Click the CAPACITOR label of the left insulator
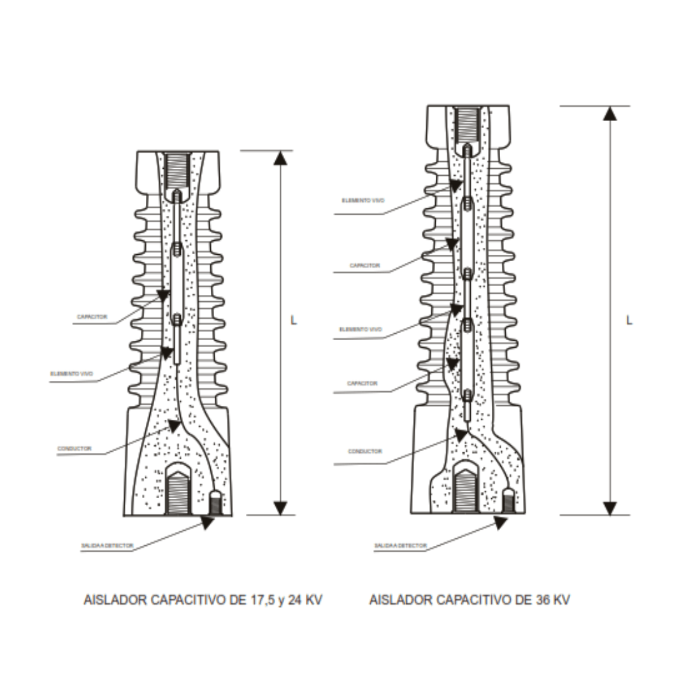[92, 317]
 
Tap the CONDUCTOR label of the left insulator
[75, 448]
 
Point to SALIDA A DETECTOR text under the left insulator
[107, 546]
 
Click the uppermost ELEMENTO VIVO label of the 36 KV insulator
[363, 200]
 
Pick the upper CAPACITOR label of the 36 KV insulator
[364, 265]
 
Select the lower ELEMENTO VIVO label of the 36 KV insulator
[361, 329]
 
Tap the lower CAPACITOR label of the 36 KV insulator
[362, 383]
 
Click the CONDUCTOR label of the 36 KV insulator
[365, 451]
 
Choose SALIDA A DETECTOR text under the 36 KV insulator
[400, 546]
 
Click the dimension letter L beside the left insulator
[294, 320]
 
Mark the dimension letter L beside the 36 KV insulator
[629, 320]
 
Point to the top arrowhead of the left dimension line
[280, 158]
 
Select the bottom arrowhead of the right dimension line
[610, 508]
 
